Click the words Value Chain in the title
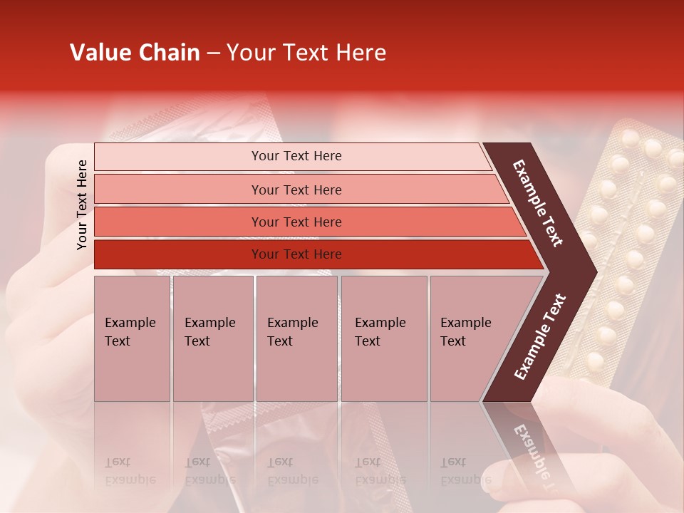pos(135,53)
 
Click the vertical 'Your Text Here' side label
pos(83,204)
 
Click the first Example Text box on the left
pos(132,338)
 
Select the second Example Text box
pos(212,338)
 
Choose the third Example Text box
pos(296,338)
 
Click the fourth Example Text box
pos(383,338)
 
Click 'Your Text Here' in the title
pos(306,53)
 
